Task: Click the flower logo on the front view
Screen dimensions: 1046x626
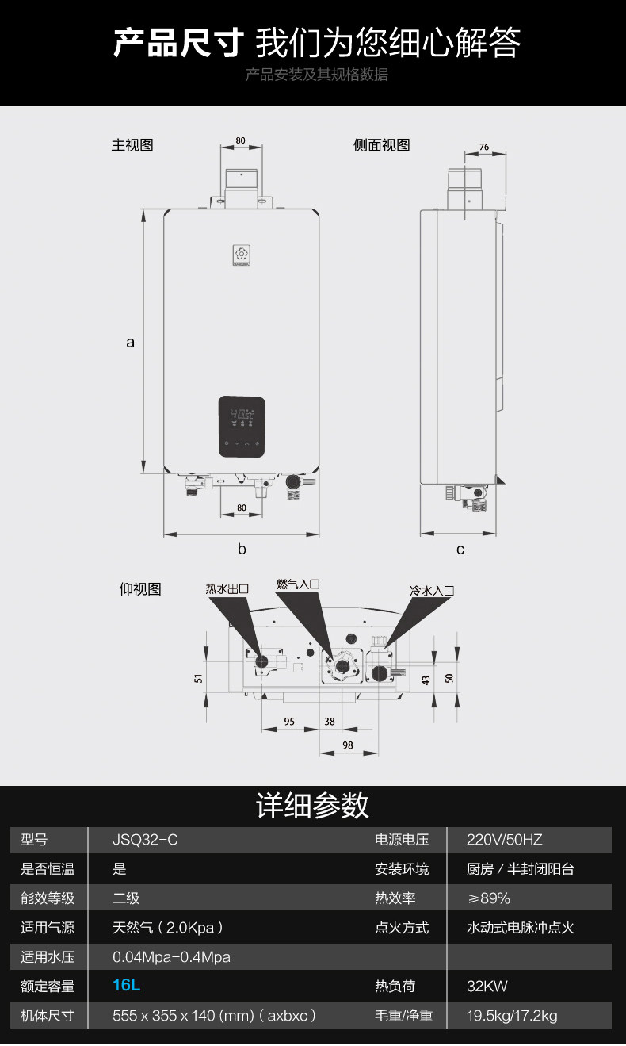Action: pos(241,255)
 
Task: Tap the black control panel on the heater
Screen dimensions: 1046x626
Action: pos(242,427)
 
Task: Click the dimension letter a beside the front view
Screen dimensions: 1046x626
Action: pos(131,343)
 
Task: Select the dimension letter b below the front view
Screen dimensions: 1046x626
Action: pos(242,549)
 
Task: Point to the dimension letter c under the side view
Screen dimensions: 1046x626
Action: pos(460,549)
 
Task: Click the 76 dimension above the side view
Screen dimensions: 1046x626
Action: pos(484,148)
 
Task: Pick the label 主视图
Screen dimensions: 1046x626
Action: pos(132,145)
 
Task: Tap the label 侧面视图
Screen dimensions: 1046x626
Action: pos(382,145)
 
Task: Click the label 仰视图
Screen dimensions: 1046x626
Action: pos(140,589)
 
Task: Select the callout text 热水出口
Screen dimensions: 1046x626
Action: pos(227,588)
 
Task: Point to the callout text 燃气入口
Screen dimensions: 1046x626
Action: pos(298,584)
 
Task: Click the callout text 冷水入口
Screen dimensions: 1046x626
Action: pos(432,591)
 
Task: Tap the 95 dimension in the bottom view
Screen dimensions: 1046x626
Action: pos(289,722)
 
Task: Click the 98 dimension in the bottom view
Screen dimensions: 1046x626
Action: pos(347,745)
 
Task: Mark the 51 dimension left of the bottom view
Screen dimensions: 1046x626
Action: pos(198,678)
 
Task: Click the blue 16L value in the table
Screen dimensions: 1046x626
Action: pos(127,986)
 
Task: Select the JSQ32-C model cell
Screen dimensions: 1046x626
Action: pos(145,840)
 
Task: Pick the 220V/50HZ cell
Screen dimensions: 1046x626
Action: pos(505,840)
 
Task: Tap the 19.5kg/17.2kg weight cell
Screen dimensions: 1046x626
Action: pos(512,1016)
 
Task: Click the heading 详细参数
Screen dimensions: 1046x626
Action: pos(313,805)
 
